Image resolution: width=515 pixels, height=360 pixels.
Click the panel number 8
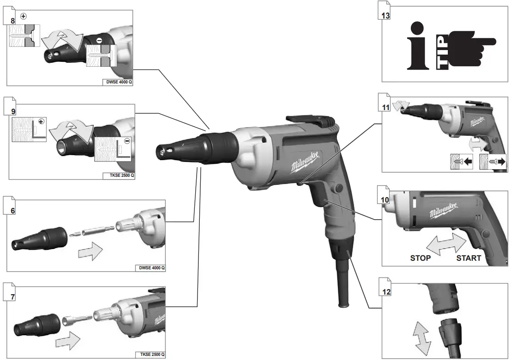point(12,21)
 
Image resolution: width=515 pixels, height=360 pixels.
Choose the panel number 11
point(385,108)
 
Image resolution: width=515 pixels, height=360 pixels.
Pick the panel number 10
point(385,200)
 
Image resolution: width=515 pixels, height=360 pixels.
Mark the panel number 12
point(386,292)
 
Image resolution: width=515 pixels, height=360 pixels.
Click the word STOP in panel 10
point(420,258)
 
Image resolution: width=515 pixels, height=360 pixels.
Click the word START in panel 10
point(468,258)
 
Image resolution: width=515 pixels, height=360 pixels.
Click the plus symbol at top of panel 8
point(23,16)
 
